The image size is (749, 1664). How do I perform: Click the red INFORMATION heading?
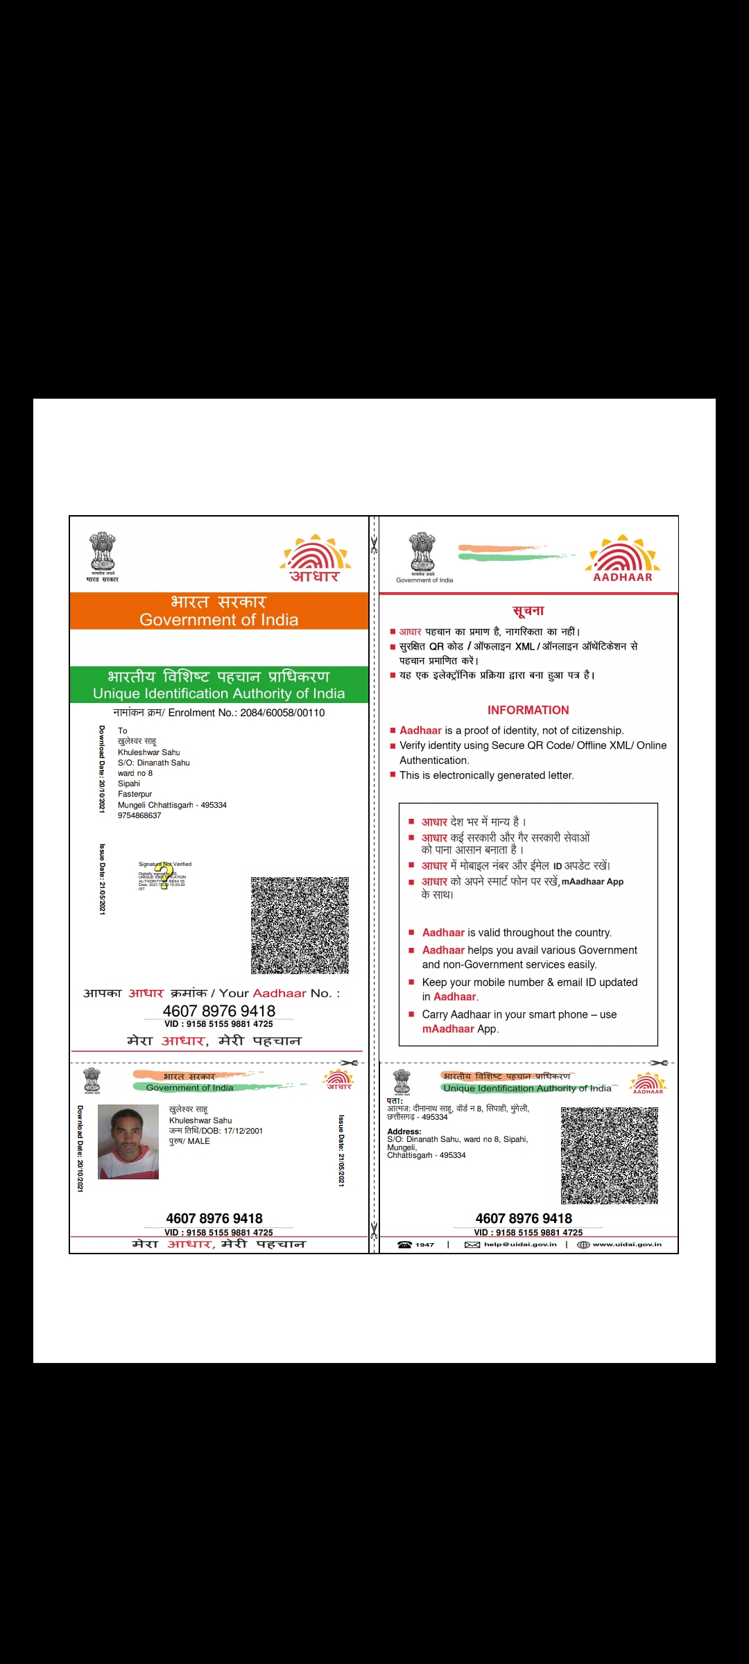528,710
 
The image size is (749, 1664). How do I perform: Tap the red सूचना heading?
528,611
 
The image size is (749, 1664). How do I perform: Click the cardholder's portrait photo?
128,1141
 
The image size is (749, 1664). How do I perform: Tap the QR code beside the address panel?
609,1155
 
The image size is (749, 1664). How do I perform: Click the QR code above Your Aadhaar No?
300,925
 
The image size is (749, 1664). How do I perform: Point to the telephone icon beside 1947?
404,1245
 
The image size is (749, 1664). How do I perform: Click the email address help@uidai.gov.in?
520,1245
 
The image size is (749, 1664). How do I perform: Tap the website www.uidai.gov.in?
627,1245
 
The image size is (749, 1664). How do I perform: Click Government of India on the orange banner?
218,620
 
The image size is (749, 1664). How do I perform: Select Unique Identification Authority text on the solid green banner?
218,693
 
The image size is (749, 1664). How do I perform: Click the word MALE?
198,1141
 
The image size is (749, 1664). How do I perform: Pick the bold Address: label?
404,1132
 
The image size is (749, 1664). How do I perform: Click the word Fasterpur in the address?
135,794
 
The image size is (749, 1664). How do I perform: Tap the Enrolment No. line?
218,713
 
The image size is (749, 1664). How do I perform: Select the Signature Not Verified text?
165,864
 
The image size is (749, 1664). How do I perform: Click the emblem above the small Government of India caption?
422,552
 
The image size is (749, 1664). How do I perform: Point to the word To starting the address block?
123,731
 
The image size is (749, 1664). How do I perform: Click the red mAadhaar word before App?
448,1029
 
